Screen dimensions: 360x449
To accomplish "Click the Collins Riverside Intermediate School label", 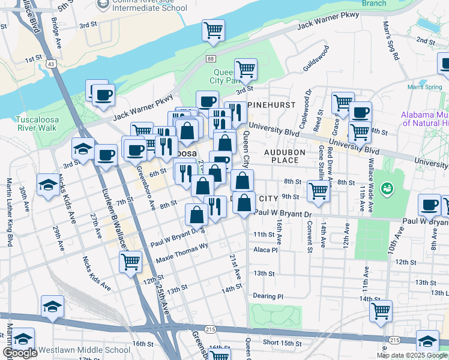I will click(146, 5).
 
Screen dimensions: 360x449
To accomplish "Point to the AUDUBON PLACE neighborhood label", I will click(282, 156).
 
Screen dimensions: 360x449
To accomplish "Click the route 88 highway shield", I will click(209, 58).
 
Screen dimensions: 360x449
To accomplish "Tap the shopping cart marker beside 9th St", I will click(318, 191).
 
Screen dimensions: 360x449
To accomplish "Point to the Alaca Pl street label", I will click(266, 250).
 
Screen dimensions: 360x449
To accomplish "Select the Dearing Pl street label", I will click(268, 296).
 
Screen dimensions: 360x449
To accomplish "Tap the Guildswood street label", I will click(317, 61).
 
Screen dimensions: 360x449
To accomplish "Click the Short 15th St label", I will click(282, 343).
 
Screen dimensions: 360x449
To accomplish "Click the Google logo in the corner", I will click(20, 353).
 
